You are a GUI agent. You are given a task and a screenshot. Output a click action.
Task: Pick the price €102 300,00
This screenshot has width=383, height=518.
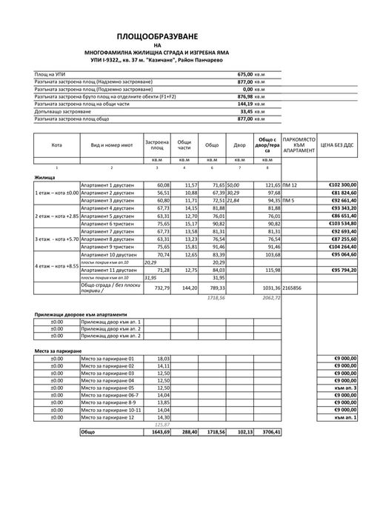(342, 185)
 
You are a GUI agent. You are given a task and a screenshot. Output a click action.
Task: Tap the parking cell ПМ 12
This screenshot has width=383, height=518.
(290, 185)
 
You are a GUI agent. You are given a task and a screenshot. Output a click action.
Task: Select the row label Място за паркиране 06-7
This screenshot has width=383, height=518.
(107, 395)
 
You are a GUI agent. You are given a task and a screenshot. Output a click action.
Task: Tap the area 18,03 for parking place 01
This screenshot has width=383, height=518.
(163, 358)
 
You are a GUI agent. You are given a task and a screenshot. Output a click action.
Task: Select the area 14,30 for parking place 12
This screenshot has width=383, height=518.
(163, 417)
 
